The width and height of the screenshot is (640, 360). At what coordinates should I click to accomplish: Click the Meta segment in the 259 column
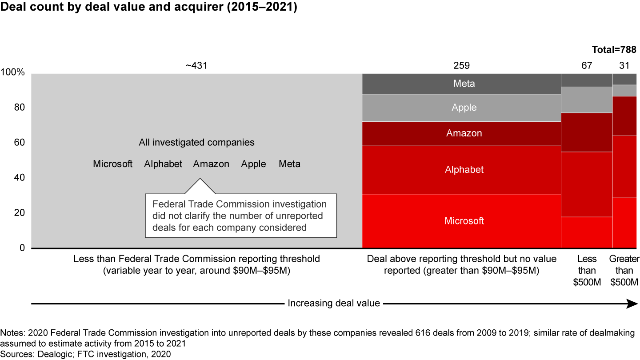[x=461, y=84]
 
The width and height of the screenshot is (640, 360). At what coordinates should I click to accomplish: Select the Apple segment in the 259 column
[x=461, y=108]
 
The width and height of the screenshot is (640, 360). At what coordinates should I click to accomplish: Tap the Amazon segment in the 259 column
[x=461, y=133]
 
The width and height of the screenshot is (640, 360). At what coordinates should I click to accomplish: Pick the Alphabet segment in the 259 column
[x=461, y=170]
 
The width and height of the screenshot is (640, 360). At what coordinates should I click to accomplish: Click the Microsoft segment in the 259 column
[x=461, y=221]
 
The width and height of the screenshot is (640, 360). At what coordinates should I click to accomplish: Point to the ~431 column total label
[x=196, y=66]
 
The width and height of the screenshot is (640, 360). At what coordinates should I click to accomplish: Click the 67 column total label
[x=587, y=66]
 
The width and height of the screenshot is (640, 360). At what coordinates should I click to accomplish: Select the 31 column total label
[x=625, y=66]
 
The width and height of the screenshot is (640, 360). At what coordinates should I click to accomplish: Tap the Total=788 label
[x=615, y=50]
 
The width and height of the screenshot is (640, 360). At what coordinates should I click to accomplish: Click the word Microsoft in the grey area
[x=113, y=164]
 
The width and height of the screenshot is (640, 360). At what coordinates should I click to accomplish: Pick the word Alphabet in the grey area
[x=163, y=164]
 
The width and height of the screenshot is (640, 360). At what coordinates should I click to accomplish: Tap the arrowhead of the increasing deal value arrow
[x=632, y=304]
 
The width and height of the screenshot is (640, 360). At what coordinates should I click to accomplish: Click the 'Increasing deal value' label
[x=334, y=304]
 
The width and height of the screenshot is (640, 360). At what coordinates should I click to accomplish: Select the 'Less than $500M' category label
[x=587, y=270]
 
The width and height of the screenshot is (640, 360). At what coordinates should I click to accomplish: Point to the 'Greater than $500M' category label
[x=624, y=270]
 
